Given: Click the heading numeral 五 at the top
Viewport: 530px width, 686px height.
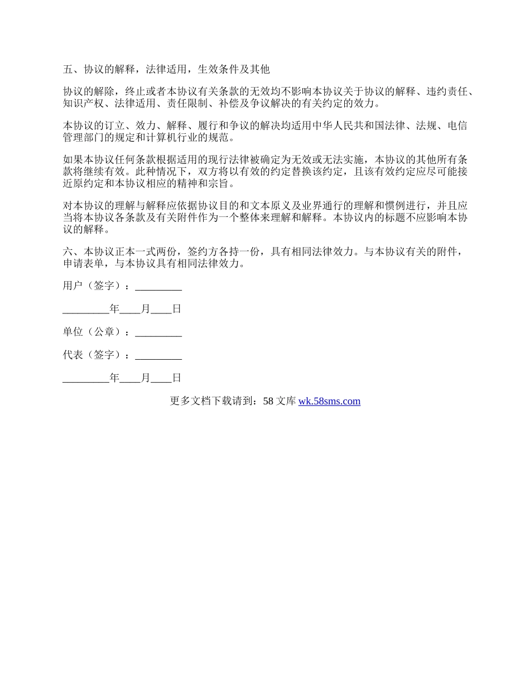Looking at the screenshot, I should pyautogui.click(x=68, y=70).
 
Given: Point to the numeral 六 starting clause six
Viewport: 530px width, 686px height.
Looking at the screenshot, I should pyautogui.click(x=68, y=252).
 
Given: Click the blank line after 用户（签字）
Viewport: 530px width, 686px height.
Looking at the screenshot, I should pyautogui.click(x=158, y=287).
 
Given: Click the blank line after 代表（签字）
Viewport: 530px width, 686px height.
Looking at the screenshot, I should pyautogui.click(x=158, y=355).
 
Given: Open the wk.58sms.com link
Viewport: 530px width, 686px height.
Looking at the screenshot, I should pyautogui.click(x=329, y=401).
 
